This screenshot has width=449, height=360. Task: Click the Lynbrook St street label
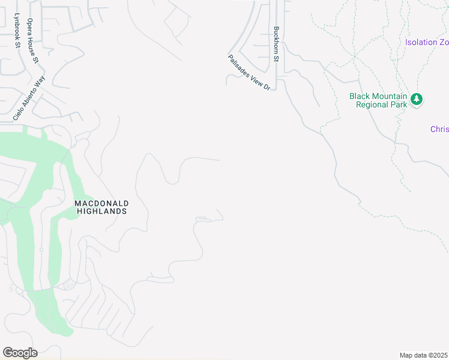(x=17, y=31)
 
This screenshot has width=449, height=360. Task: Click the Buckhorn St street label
(x=277, y=44)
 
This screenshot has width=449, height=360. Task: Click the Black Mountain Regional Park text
(x=379, y=100)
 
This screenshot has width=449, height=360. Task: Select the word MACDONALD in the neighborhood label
(x=101, y=203)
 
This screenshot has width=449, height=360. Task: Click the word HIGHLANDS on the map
(x=101, y=211)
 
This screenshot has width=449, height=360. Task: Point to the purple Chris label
(x=439, y=129)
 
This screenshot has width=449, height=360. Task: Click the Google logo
(x=20, y=353)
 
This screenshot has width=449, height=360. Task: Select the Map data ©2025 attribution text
(x=423, y=355)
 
